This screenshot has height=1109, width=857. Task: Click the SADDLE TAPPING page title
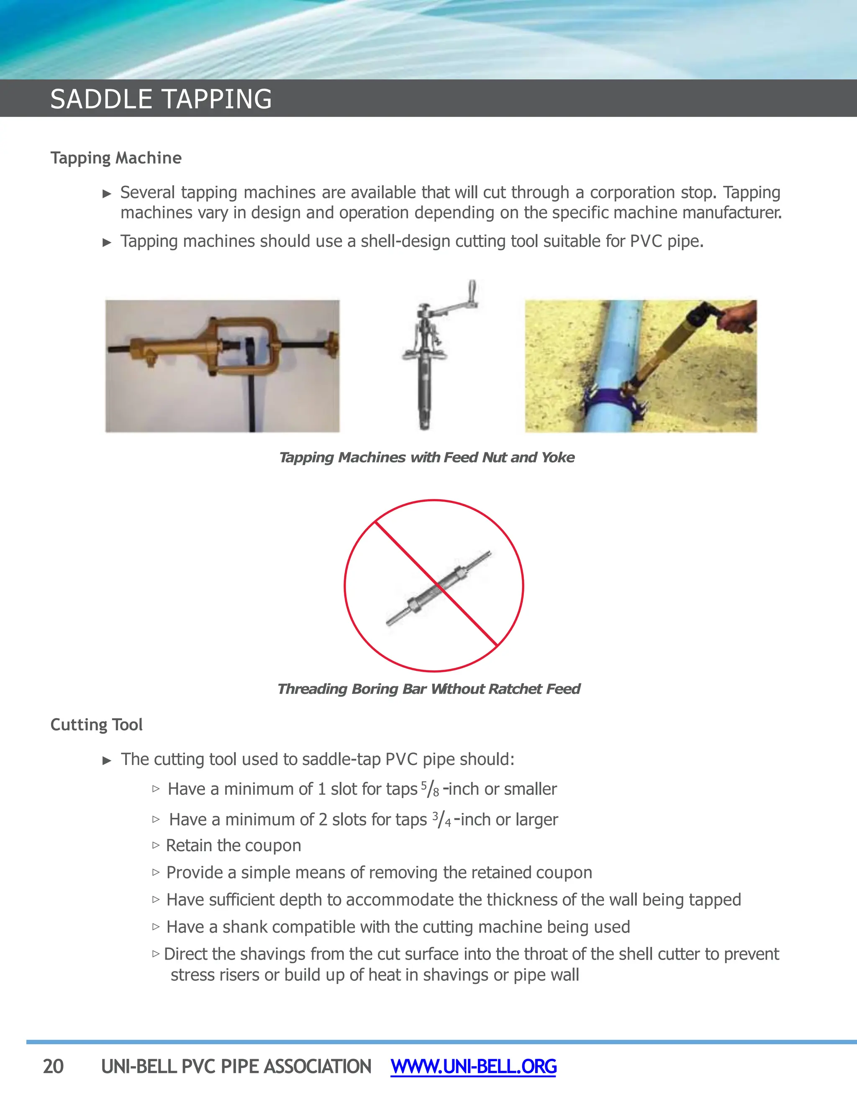[161, 99]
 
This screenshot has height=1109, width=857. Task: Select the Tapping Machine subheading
[116, 158]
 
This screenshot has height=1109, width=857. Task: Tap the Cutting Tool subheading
[97, 724]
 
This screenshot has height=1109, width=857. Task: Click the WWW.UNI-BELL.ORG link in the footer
[473, 1066]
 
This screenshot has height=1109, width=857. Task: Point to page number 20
[53, 1066]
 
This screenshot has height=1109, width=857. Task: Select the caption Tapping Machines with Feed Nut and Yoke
[426, 457]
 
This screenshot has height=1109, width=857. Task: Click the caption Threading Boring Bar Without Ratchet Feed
[428, 689]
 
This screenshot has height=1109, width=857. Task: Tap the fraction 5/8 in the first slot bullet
[429, 789]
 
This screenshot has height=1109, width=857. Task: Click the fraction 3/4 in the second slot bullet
[441, 819]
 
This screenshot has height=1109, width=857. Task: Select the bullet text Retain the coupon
[233, 845]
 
